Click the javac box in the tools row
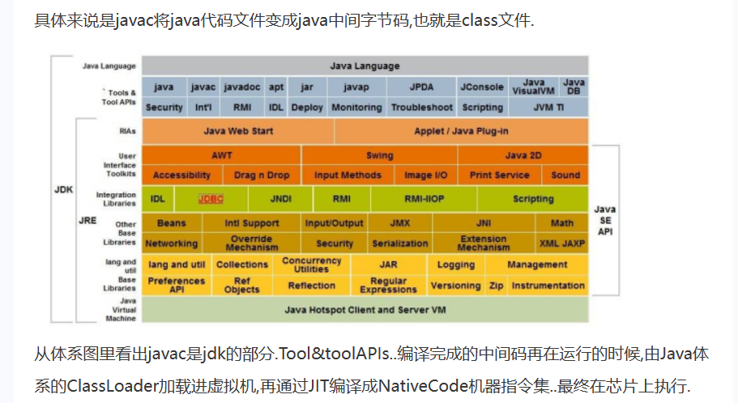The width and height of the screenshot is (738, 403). (203, 87)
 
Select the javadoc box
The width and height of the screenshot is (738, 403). (241, 87)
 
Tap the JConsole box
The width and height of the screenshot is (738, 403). (482, 87)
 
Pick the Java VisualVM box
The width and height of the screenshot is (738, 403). (534, 87)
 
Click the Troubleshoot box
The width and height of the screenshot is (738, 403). (421, 107)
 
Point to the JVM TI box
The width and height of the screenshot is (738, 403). (548, 107)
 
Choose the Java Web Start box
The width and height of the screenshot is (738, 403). (238, 131)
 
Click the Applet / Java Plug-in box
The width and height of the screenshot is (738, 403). (461, 131)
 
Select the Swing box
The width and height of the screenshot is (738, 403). (379, 155)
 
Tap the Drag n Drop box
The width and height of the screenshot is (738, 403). (261, 175)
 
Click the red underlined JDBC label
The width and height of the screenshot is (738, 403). (211, 198)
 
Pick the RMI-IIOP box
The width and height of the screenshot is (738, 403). (423, 198)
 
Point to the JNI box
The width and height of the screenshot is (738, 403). (484, 223)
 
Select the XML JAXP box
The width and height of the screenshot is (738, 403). (562, 243)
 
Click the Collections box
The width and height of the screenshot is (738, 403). (242, 265)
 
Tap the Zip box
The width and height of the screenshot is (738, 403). (496, 286)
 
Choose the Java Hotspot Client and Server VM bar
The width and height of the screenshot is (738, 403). (365, 310)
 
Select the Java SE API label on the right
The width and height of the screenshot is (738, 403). (605, 220)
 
